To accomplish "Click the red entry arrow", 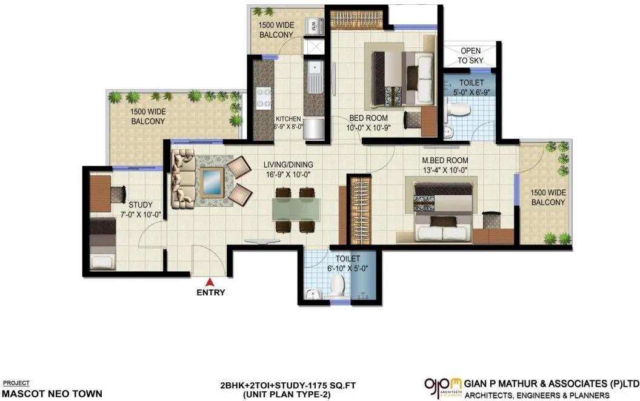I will [210, 281].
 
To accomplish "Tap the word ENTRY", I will [210, 292].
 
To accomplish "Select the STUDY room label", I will [141, 204].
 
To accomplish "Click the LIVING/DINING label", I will [288, 164].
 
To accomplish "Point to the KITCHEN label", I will [288, 119].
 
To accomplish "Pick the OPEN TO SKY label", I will [470, 56].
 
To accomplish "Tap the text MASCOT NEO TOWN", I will [48, 393].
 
